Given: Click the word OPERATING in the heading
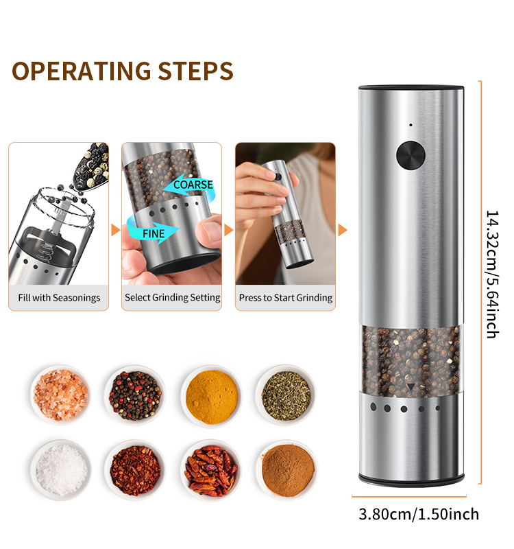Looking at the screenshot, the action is pos(82,71).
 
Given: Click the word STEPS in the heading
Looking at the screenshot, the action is pos(196,71).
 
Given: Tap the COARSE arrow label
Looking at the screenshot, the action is pos(193,185).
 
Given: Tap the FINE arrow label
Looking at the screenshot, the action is pos(154,233).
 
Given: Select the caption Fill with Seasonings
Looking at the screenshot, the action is pos(59,298).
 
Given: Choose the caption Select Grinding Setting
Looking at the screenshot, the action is pos(173,298).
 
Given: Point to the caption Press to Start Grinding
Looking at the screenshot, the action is pos(286,298).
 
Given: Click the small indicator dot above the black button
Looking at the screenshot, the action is pos(411,125).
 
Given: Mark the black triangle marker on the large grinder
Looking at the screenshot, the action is pos(411,386).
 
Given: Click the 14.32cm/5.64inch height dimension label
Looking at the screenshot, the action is pos(493,274).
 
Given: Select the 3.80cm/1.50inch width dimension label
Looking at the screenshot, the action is pos(419,514).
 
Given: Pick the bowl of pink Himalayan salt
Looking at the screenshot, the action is pos(60,395).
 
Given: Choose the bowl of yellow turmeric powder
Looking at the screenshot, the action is pos(212,397).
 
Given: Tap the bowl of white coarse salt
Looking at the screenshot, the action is pos(61,470).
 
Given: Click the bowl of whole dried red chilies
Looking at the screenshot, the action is pos(211,470).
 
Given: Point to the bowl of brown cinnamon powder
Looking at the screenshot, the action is pos(288,470).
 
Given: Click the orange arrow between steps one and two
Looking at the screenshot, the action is pos(115,230).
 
